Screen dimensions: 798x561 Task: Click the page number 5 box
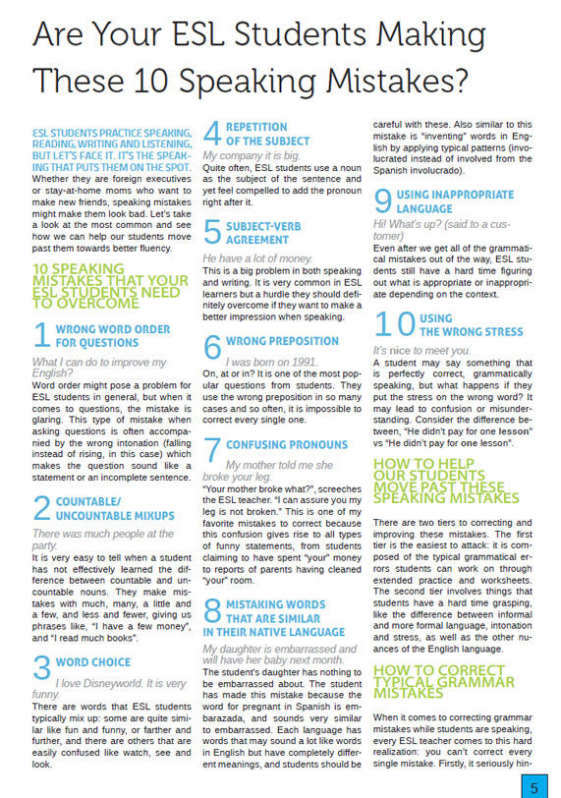coord(533,786)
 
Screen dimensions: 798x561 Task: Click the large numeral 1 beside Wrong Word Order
coord(41,335)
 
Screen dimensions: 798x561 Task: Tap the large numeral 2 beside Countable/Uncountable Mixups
coord(42,507)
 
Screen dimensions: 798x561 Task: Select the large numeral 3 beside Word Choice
coord(42,667)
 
